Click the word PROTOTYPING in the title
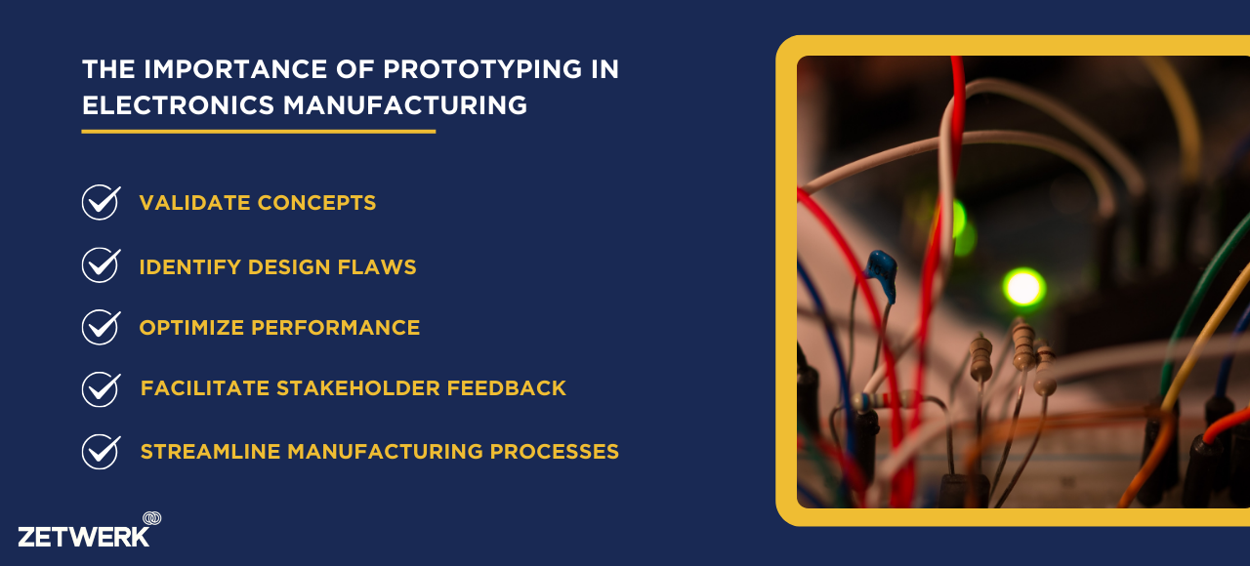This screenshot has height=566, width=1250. point(482,69)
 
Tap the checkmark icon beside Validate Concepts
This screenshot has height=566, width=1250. point(101,202)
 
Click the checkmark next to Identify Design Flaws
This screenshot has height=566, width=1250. point(101,264)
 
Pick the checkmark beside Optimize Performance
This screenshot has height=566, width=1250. point(101,327)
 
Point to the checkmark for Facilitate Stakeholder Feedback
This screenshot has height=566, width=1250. point(101,389)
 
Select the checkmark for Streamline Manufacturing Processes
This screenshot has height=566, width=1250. point(101,452)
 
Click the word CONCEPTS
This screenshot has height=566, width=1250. point(317,203)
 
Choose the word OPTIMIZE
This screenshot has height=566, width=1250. point(191,327)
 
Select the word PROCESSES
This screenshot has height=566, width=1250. point(554,451)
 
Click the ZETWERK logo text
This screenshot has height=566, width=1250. point(84,537)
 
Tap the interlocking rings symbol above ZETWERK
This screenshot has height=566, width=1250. point(151,518)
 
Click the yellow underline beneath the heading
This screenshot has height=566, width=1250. point(259,132)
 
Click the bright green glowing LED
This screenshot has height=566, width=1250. point(1024,287)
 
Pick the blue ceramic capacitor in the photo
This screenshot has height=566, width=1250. point(882,274)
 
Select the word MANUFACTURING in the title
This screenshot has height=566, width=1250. point(405,105)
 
